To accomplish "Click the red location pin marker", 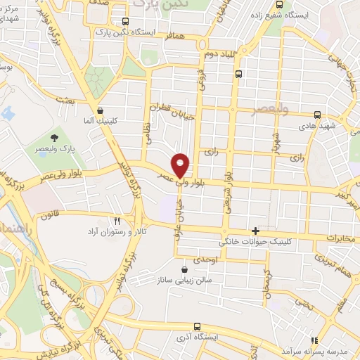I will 181,165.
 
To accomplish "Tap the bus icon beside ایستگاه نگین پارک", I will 125,21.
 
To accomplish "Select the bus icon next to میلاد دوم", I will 239,73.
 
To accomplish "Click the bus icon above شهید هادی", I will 318,114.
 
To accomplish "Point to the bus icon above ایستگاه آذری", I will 197,326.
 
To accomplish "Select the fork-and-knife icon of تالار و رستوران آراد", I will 117,220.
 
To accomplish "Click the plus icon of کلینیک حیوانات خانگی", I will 255,231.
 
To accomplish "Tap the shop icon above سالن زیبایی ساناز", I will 184,269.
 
